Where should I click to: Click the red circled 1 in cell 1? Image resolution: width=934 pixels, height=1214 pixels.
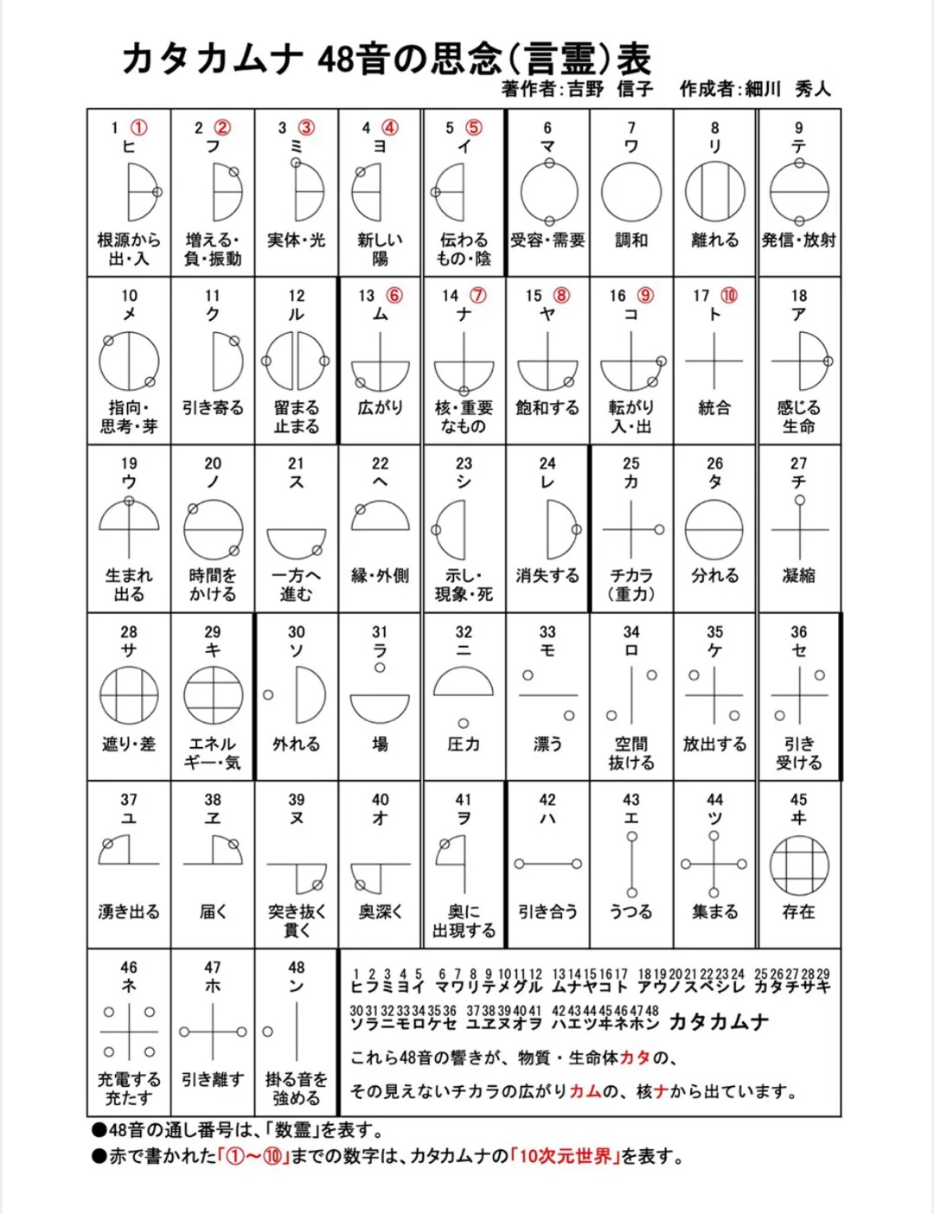(138, 128)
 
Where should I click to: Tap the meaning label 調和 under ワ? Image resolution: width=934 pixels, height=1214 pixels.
(631, 240)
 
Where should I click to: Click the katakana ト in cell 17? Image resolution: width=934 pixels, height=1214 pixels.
(714, 315)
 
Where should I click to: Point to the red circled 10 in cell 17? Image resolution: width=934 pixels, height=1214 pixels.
(729, 296)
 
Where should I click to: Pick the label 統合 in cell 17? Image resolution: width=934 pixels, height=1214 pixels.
(714, 408)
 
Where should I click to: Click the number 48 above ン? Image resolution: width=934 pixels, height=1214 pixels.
(297, 967)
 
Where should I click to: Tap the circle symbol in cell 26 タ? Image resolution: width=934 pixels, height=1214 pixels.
(714, 530)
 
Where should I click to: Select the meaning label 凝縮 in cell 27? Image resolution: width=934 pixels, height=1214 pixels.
(798, 576)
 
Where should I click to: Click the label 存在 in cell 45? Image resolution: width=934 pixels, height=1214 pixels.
(798, 911)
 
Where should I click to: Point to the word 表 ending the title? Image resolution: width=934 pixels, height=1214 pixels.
(634, 59)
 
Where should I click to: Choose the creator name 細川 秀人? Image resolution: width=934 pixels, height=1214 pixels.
(787, 88)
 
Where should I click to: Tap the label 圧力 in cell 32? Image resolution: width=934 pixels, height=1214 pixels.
(464, 744)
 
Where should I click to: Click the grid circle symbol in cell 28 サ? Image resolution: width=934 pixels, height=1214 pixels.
(129, 695)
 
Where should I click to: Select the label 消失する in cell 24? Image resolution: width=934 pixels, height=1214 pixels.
(547, 576)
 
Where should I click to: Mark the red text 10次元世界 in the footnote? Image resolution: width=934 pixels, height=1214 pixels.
(565, 1157)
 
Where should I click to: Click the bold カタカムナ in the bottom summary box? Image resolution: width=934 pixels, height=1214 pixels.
(720, 1022)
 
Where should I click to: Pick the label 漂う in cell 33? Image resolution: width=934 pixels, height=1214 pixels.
(547, 744)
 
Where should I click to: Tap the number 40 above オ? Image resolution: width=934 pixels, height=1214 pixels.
(381, 799)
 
